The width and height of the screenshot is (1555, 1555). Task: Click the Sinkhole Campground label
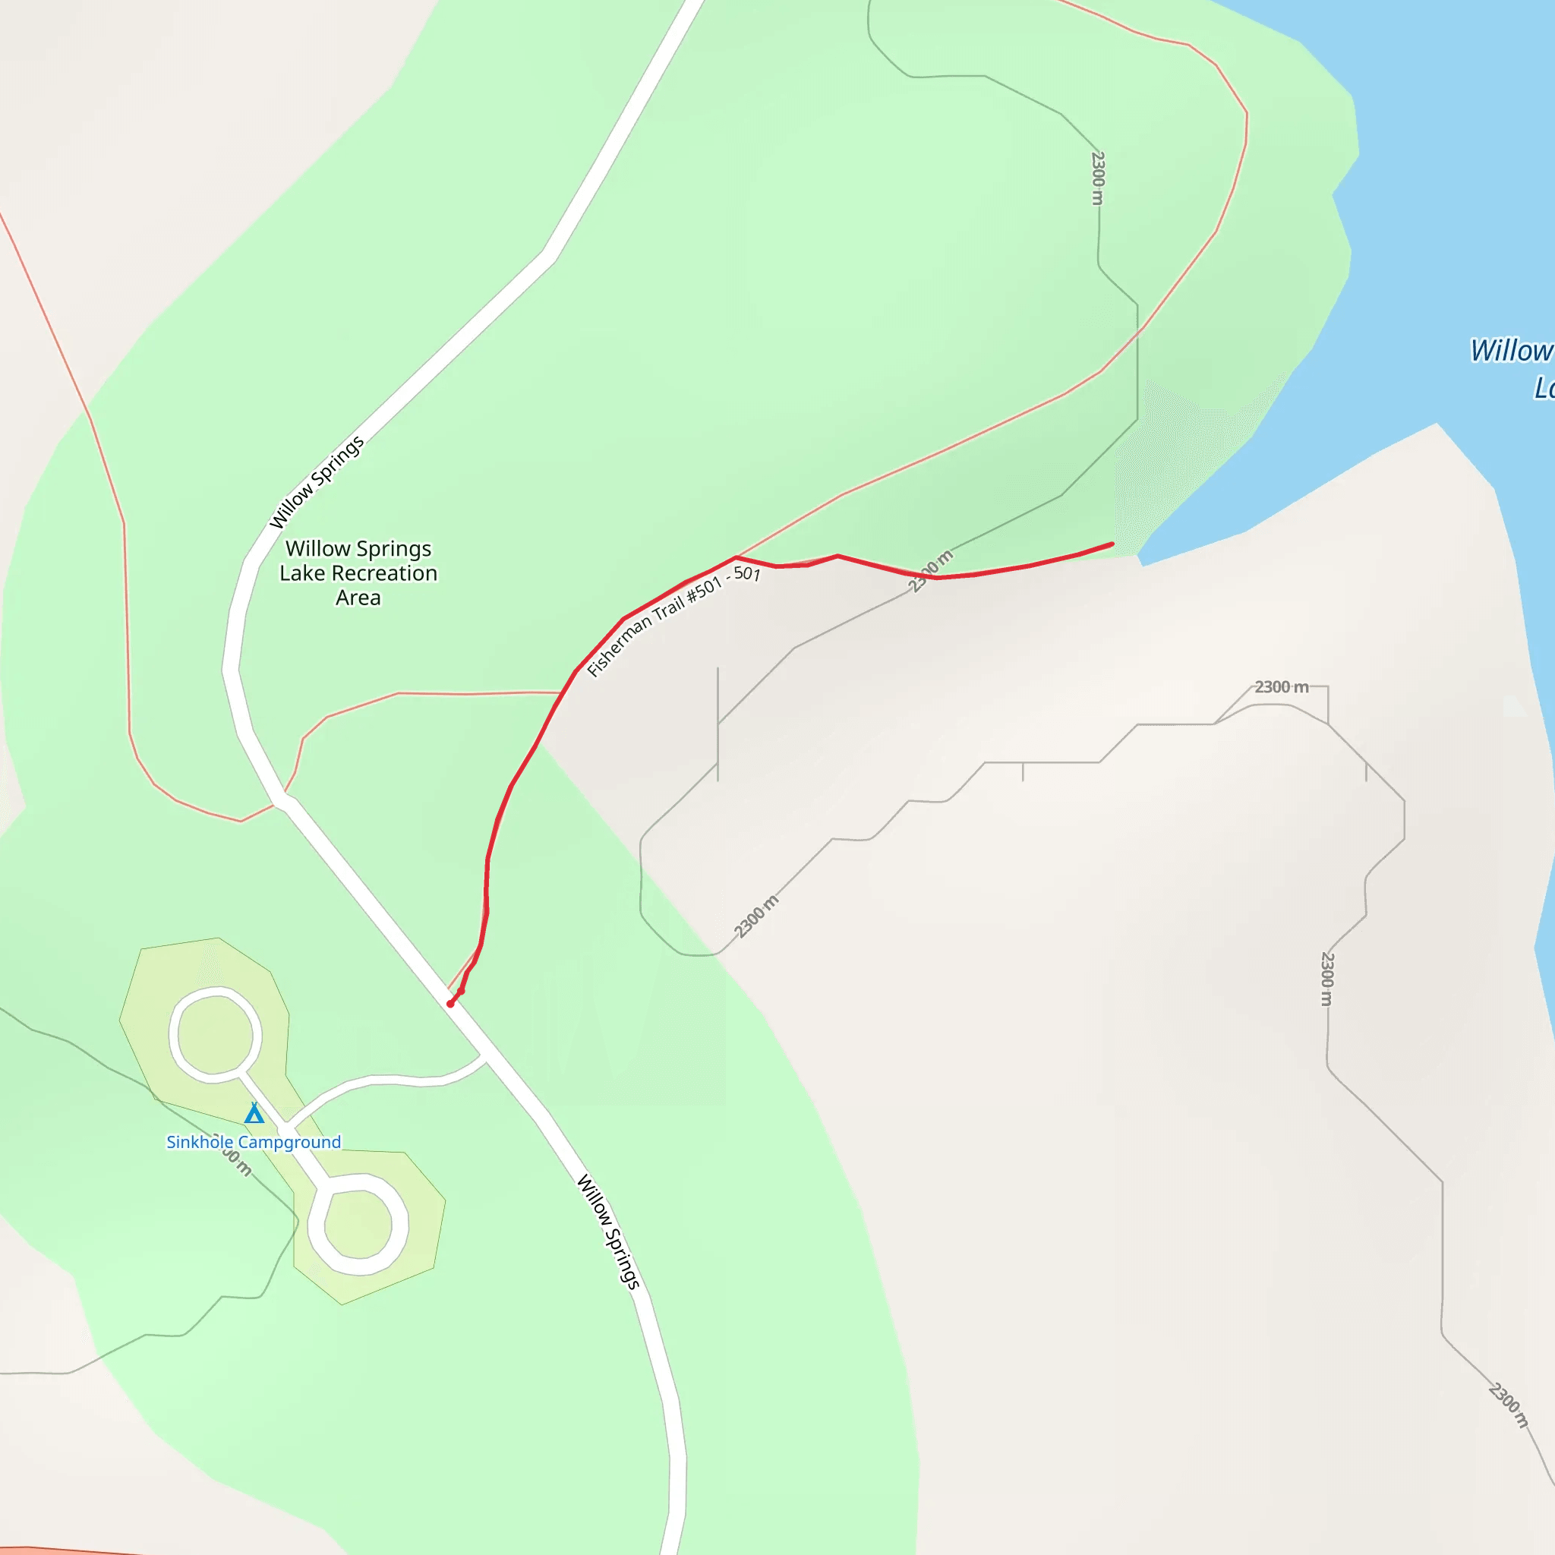[254, 1142]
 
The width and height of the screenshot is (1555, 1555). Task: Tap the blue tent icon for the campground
[254, 1113]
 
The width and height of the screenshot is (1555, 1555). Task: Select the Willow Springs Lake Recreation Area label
[358, 573]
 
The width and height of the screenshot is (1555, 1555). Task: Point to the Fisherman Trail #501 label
[673, 620]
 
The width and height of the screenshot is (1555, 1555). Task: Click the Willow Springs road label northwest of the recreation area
[317, 482]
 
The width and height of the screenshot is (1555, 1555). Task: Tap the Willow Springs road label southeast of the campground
[608, 1232]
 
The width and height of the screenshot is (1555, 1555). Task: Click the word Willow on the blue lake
[1510, 351]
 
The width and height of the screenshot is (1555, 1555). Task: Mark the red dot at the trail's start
[451, 1004]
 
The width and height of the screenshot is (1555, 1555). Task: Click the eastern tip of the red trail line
[1112, 544]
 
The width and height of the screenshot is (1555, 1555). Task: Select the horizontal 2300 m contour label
[1282, 686]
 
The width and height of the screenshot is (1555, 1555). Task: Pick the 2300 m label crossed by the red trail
[930, 571]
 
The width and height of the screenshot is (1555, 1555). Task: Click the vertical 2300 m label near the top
[1098, 178]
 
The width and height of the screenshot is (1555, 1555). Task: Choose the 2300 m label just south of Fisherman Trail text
[756, 916]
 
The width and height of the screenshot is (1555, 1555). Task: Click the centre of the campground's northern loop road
[215, 1034]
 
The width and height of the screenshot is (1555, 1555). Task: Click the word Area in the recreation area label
[358, 598]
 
